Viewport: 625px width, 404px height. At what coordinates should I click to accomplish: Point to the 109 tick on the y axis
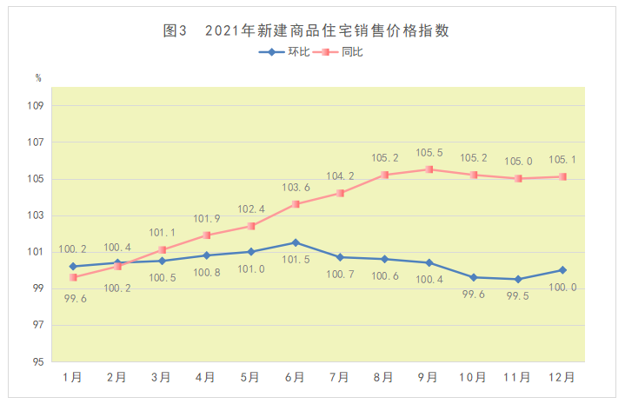pos(36,106)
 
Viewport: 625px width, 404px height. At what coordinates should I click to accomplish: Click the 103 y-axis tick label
pos(36,215)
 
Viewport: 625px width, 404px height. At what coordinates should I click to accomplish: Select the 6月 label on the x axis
pos(295,377)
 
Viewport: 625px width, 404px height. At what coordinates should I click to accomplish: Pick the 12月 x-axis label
pos(562,377)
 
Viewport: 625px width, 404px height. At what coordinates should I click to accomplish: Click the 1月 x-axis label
pos(73,377)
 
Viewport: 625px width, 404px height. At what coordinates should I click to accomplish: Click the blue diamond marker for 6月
pos(296,242)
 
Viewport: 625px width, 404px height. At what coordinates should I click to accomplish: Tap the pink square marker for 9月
pos(429,169)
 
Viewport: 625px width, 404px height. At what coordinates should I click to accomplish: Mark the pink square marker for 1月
pos(74,277)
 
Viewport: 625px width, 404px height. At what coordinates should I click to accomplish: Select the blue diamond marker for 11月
pos(518,279)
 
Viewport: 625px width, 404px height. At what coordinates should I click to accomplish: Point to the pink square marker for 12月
pos(562,176)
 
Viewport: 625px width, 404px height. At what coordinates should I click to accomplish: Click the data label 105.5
pos(429,153)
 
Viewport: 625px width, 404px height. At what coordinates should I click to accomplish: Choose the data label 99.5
pos(518,295)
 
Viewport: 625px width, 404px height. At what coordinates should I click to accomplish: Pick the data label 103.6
pos(295,188)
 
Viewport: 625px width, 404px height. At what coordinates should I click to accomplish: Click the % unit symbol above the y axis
pos(37,78)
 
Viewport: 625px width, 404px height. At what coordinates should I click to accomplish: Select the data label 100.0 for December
pos(562,287)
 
